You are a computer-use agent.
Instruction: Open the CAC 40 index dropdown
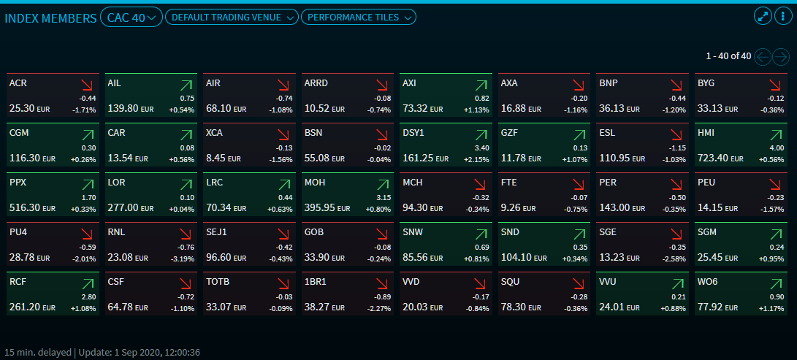tap(131, 18)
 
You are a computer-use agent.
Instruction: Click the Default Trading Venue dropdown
tap(232, 18)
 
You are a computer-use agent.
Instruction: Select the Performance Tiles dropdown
tap(359, 18)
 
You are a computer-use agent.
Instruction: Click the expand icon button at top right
tap(763, 17)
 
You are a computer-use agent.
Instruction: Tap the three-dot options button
tap(782, 17)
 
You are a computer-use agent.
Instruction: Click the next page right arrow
tap(782, 56)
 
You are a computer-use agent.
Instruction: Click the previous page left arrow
tap(763, 56)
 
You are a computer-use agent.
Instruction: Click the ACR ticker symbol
tap(19, 83)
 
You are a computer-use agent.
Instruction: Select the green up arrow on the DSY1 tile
tap(481, 135)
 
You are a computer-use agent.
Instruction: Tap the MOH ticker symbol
tap(315, 183)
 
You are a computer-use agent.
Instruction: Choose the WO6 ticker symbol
tap(707, 282)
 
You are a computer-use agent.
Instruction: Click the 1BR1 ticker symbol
tap(316, 282)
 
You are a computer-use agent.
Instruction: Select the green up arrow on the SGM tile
tap(774, 234)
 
